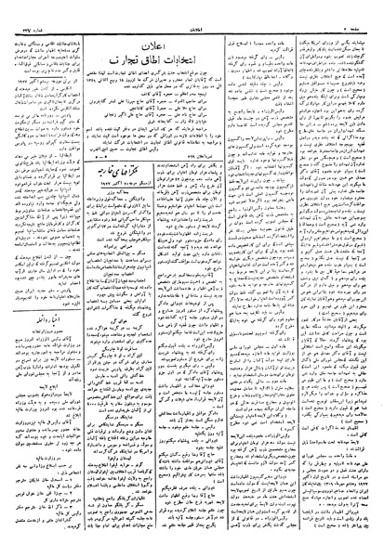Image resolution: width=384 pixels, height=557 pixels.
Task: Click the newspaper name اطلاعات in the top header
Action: click(192, 8)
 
